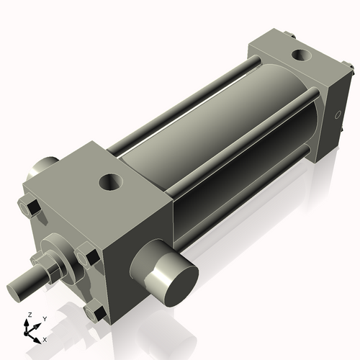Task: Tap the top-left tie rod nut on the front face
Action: tap(31, 210)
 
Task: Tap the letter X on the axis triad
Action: tap(45, 338)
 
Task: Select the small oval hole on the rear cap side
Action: tap(338, 115)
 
